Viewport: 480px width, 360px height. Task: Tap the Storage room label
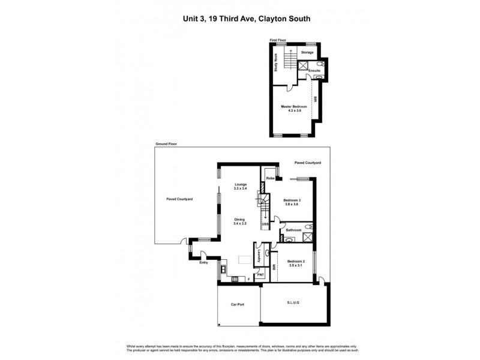pos(307,52)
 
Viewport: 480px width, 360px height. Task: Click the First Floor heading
pos(278,40)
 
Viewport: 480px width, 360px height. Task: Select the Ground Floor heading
pos(166,145)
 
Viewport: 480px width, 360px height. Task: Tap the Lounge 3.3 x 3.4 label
pos(240,187)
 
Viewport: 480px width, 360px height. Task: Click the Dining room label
pos(240,221)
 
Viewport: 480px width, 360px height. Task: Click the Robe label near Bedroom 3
pos(271,178)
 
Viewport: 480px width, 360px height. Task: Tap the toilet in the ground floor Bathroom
pos(308,226)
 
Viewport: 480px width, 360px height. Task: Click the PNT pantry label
pos(260,275)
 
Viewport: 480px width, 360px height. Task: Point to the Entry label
pos(203,262)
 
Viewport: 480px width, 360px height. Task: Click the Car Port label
pos(239,305)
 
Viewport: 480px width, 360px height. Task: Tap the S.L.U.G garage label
pos(293,303)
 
